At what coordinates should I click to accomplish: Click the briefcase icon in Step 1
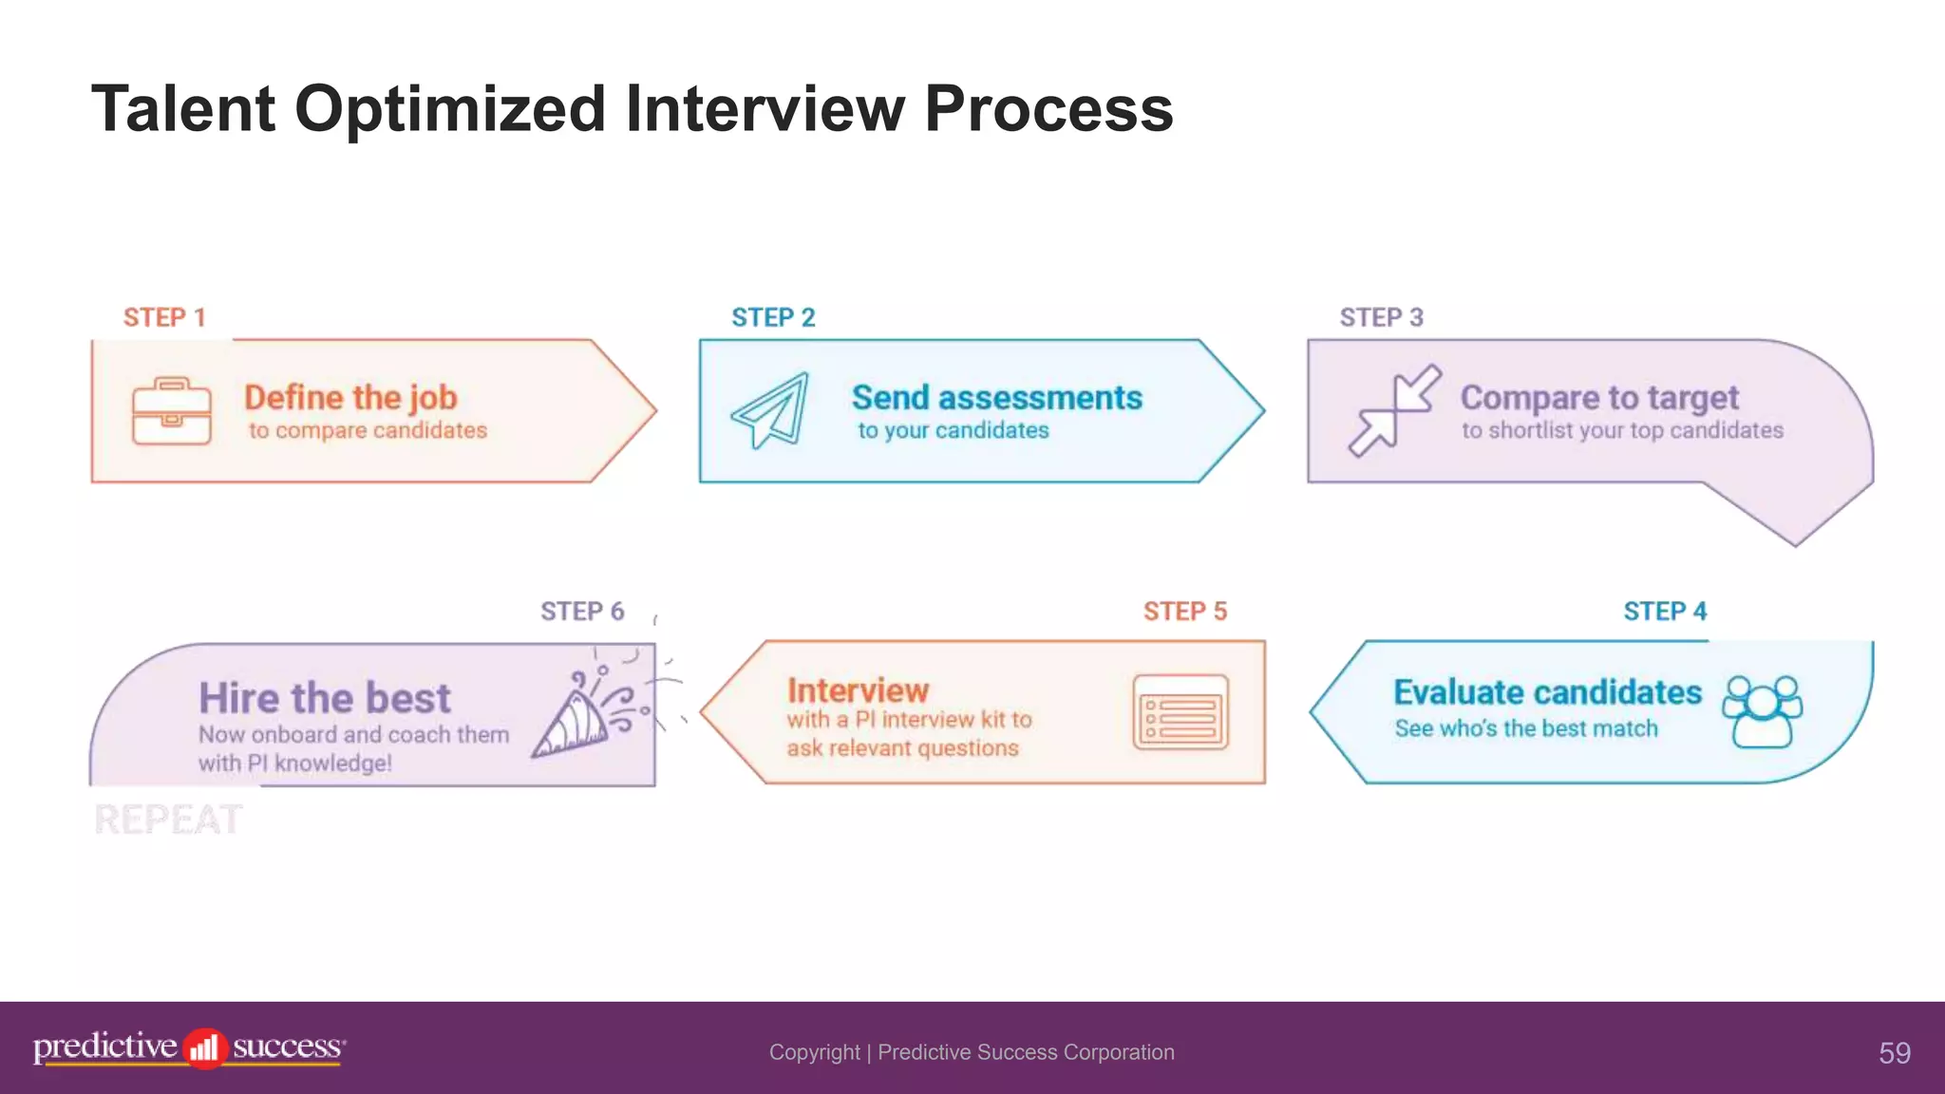click(171, 411)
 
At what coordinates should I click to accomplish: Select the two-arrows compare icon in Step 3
click(1394, 411)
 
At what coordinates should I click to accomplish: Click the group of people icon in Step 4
click(1763, 712)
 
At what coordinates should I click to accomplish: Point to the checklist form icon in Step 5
click(1180, 712)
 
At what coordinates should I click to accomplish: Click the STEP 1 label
click(164, 317)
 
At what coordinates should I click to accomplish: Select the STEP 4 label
click(1664, 611)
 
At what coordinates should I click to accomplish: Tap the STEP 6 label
click(582, 611)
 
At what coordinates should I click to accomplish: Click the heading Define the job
click(350, 397)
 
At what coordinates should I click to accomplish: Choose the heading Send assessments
click(996, 397)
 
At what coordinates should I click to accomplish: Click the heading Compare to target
click(1599, 397)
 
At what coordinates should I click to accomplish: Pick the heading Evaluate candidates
click(1547, 692)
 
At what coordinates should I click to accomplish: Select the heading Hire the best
click(325, 698)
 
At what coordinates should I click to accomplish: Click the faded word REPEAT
click(168, 820)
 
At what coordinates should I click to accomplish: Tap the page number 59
click(1894, 1052)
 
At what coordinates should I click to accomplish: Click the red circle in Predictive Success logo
click(204, 1048)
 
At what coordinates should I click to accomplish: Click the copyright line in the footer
click(972, 1052)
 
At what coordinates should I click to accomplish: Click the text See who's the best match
click(1526, 728)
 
